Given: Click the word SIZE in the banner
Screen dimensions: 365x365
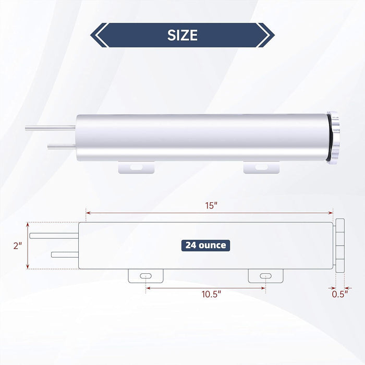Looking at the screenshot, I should coord(182,35).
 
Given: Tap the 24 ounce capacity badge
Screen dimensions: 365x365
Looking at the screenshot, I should coord(205,245).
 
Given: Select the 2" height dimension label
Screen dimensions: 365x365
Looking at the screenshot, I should coord(19,246).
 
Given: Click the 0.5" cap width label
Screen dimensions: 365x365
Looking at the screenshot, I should coord(339,294).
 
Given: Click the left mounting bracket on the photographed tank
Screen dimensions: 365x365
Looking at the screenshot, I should coord(136,167).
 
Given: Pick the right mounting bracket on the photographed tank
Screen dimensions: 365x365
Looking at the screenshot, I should coord(261,167).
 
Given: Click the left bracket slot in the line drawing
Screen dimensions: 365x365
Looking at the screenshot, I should coord(146,275).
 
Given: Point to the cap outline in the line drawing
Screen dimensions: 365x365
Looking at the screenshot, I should coord(340,245).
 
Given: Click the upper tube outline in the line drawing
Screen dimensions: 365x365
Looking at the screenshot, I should coord(53,236).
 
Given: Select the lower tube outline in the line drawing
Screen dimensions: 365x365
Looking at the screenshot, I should coord(65,254).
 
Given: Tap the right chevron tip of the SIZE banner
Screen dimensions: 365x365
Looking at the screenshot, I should coord(273,35).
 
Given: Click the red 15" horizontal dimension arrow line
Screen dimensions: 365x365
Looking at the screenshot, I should coord(156,213).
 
